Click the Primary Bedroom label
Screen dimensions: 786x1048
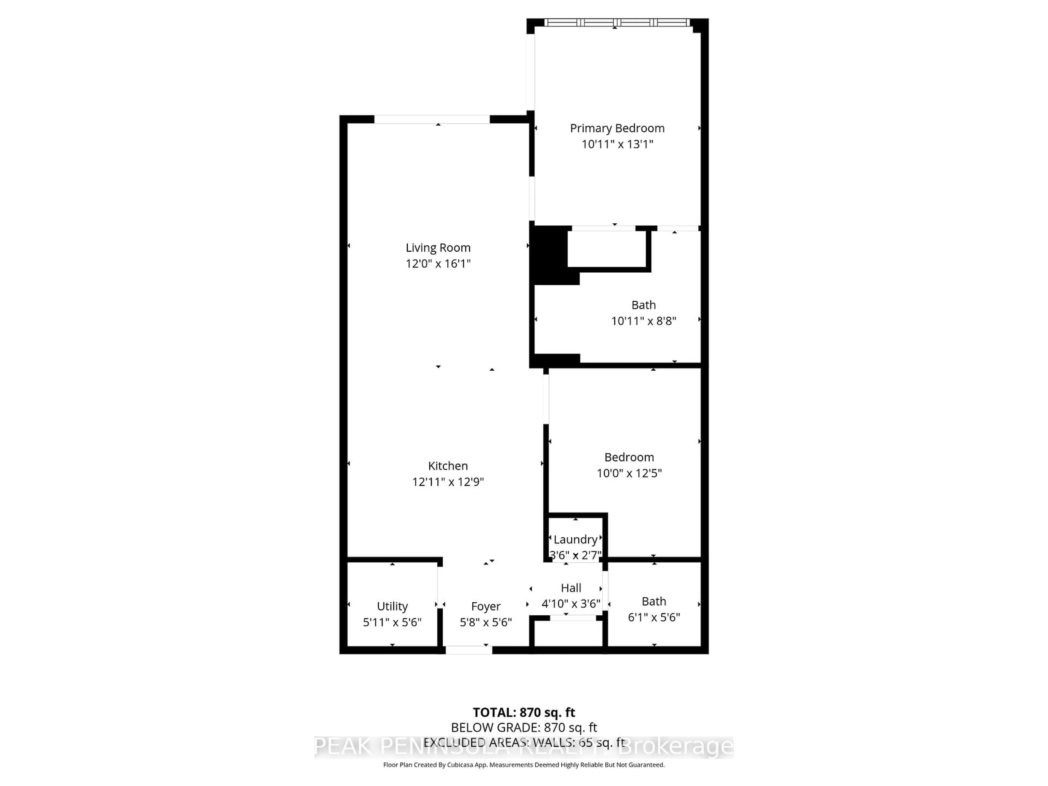[x=617, y=128]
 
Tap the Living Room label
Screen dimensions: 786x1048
[x=438, y=248]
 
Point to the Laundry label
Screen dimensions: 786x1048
[x=575, y=540]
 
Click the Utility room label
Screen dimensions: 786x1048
[x=392, y=606]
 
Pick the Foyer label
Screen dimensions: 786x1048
[x=486, y=606]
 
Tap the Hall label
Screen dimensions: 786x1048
[x=571, y=588]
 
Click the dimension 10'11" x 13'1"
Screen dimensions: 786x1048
[x=617, y=144]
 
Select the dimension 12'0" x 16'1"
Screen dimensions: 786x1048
[x=438, y=263]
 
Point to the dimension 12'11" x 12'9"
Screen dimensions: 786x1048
[x=448, y=482]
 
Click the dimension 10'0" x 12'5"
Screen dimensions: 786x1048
[x=629, y=473]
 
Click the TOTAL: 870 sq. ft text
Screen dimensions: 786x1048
[x=523, y=713]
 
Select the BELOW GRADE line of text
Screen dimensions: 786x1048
[x=523, y=728]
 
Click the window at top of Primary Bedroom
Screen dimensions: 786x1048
[x=617, y=22]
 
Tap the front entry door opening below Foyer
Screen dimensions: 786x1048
[x=469, y=650]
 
